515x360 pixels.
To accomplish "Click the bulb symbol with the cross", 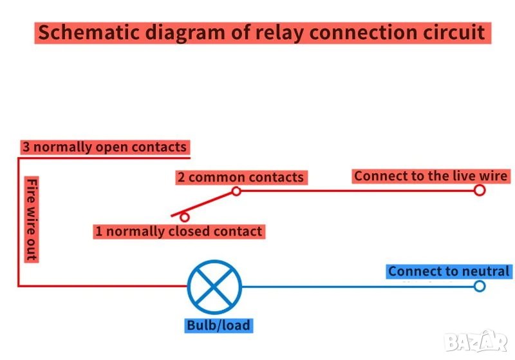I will coord(214,287).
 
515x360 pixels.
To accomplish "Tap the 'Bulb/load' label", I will coord(218,325).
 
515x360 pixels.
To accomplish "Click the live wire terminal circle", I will coord(479,190).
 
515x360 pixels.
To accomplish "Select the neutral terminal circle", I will coord(479,286).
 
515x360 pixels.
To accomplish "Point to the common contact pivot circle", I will coord(236,191).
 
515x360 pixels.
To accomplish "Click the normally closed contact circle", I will coord(185,218).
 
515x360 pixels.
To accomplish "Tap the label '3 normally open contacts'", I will coord(104,147).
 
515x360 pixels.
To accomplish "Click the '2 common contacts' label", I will coord(240,177).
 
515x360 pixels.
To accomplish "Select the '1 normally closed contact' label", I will coord(178,231).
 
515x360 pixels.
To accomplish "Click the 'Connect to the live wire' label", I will coord(431,176).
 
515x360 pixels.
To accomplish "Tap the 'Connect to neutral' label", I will coord(449,272).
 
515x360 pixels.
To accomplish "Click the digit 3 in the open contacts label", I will coord(26,147).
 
